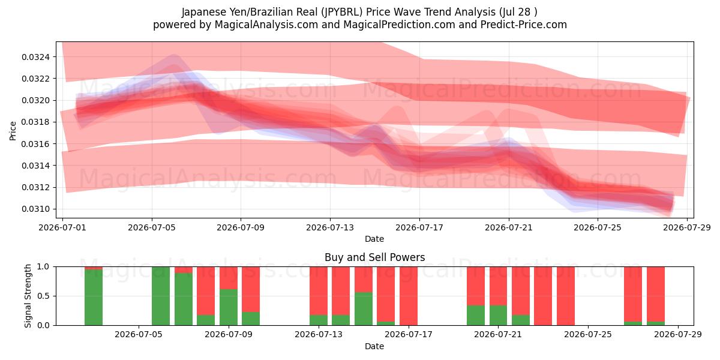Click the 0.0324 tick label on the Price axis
pyautogui.click(x=35, y=57)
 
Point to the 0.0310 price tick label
pyautogui.click(x=35, y=209)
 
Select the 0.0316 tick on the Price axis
pyautogui.click(x=35, y=144)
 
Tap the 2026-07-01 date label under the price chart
pyautogui.click(x=62, y=227)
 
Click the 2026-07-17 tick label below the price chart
pyautogui.click(x=419, y=227)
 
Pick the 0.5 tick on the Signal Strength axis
pyautogui.click(x=43, y=296)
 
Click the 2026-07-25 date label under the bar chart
pyautogui.click(x=588, y=334)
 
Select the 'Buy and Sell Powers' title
pyautogui.click(x=375, y=257)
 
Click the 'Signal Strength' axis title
pyautogui.click(x=28, y=296)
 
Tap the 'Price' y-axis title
pyautogui.click(x=13, y=131)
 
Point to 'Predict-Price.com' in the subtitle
pyautogui.click(x=524, y=25)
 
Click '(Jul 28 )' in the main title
pyautogui.click(x=518, y=12)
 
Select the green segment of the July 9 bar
pyautogui.click(x=229, y=307)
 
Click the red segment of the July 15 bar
pyautogui.click(x=364, y=280)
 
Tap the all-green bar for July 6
pyautogui.click(x=161, y=296)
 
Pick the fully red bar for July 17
pyautogui.click(x=409, y=296)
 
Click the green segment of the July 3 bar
pyautogui.click(x=94, y=298)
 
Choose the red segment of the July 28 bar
pyautogui.click(x=656, y=294)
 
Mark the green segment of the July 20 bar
pyautogui.click(x=476, y=316)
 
